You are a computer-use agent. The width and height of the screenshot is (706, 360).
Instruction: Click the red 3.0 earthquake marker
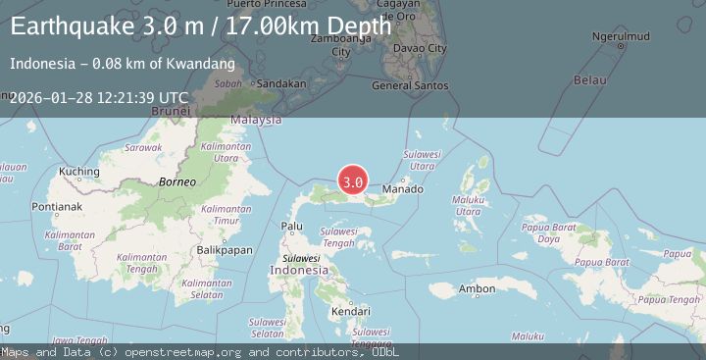click(353, 181)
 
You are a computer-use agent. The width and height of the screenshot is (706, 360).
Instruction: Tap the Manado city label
click(403, 188)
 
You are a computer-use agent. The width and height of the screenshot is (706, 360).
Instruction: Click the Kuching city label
click(80, 172)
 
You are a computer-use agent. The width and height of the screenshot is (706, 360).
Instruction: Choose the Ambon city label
click(477, 288)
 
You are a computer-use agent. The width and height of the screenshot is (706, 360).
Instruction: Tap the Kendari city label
click(349, 312)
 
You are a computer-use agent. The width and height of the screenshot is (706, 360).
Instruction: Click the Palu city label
click(291, 226)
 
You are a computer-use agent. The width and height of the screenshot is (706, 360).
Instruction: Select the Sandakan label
click(280, 84)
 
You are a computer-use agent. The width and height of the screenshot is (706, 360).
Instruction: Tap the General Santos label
click(411, 85)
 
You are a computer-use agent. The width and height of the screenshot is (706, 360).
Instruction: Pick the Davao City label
click(425, 48)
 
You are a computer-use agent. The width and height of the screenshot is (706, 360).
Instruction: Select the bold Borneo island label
click(177, 182)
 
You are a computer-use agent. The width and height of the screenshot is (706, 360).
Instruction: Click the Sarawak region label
click(143, 147)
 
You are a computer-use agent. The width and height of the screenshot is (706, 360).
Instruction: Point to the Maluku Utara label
click(468, 205)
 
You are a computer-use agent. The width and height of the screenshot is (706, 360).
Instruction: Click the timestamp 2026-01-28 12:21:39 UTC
click(98, 97)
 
